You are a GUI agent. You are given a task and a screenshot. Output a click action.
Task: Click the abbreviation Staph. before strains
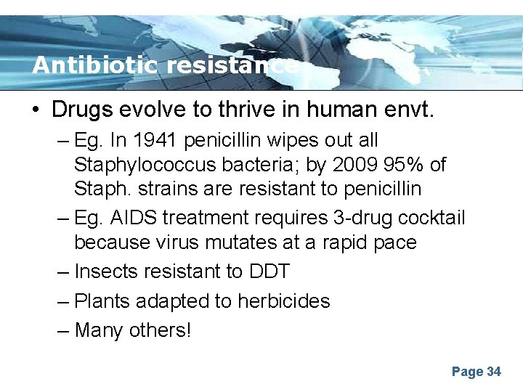tap(101, 189)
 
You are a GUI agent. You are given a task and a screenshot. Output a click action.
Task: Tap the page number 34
tap(494, 372)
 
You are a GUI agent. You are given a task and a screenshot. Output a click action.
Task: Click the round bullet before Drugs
tap(36, 110)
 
